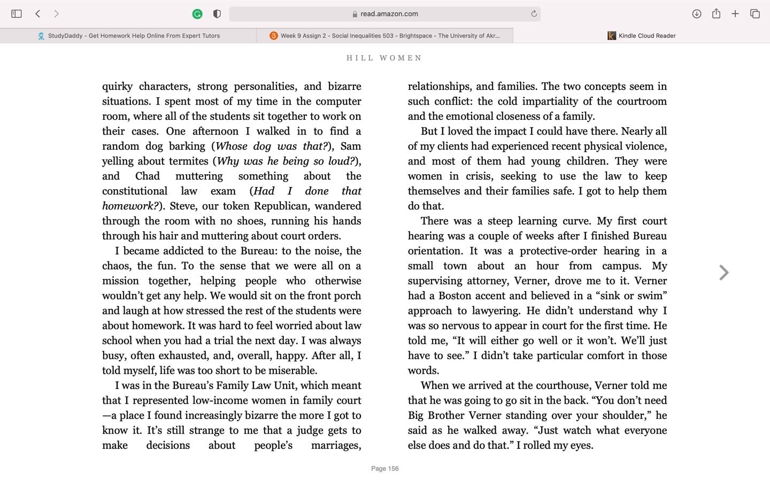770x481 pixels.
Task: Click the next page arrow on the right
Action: pyautogui.click(x=723, y=273)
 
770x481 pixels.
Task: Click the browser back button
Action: pyautogui.click(x=38, y=14)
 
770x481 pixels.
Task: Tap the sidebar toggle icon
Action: pyautogui.click(x=17, y=14)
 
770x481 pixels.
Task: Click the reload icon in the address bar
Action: pyautogui.click(x=534, y=14)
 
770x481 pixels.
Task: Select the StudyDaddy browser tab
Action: pyautogui.click(x=128, y=36)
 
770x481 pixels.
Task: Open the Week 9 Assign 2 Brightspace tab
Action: pyautogui.click(x=385, y=36)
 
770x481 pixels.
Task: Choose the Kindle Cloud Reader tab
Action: pyautogui.click(x=642, y=36)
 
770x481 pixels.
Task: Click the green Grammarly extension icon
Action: pyautogui.click(x=197, y=14)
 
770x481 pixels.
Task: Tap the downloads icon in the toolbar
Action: pyautogui.click(x=696, y=14)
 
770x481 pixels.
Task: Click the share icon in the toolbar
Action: pyautogui.click(x=716, y=14)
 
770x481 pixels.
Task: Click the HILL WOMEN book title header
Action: pyautogui.click(x=384, y=58)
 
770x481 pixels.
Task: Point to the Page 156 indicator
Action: pyautogui.click(x=385, y=469)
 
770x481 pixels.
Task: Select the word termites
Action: pyautogui.click(x=189, y=161)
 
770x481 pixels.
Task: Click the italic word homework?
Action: pyautogui.click(x=130, y=206)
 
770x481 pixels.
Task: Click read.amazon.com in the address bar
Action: pyautogui.click(x=389, y=14)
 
